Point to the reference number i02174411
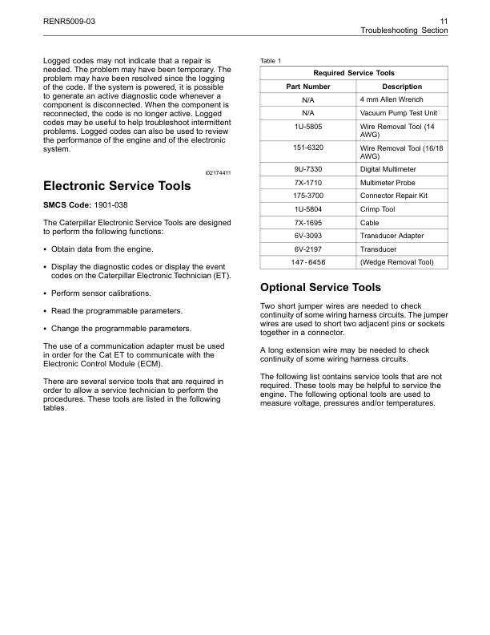[218, 172]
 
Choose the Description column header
[402, 87]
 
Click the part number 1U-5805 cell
[307, 127]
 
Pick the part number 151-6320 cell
[307, 148]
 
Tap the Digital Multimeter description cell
[388, 170]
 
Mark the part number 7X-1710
[307, 184]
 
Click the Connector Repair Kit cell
[395, 196]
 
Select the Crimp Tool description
[378, 209]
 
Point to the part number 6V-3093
[307, 236]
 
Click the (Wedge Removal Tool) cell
[396, 262]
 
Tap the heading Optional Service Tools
[321, 287]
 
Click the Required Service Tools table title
[354, 73]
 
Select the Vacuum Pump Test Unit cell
[398, 113]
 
